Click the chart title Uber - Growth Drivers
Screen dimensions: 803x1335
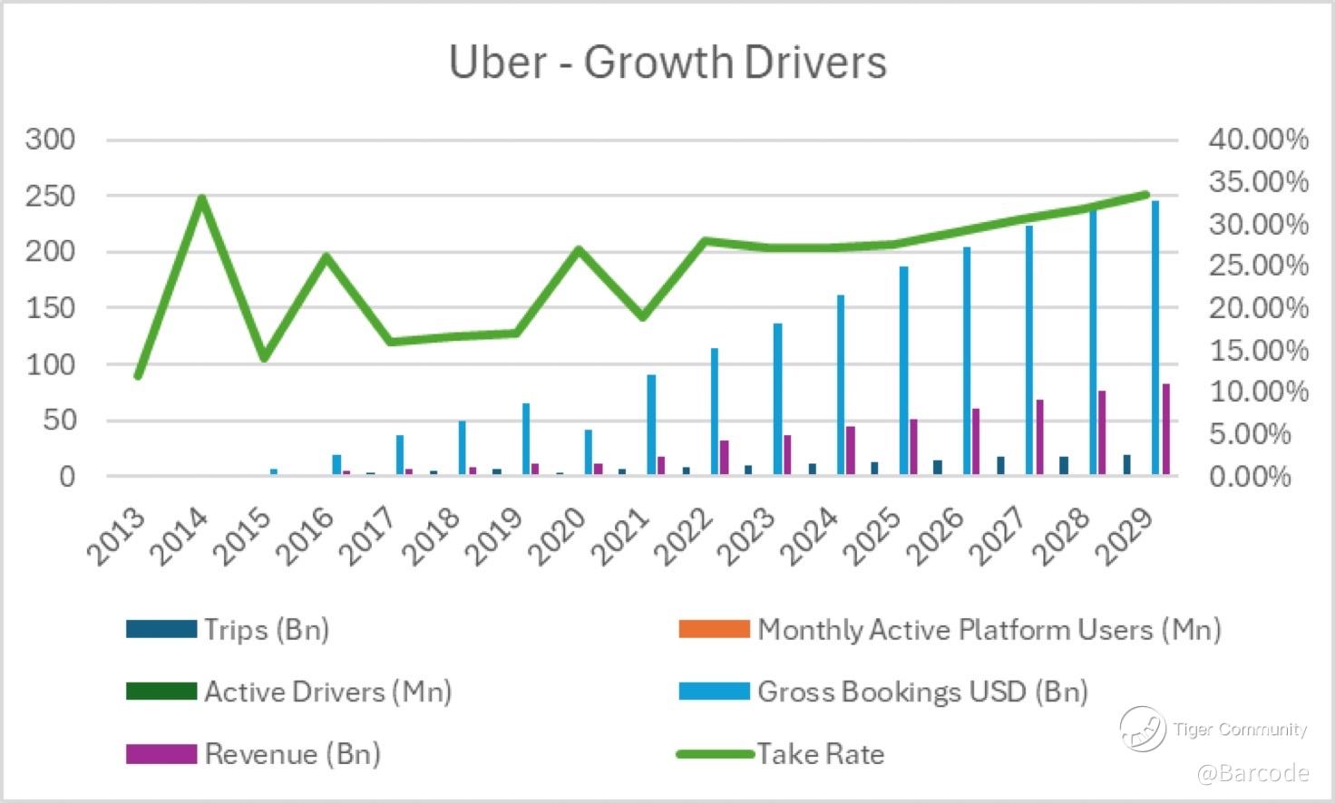[667, 62]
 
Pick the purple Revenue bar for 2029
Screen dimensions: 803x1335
[1165, 429]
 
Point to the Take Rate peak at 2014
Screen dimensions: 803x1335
[201, 198]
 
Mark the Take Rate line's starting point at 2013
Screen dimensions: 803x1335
[138, 376]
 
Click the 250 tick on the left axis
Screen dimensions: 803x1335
[51, 196]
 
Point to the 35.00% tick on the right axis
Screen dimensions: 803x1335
[1258, 181]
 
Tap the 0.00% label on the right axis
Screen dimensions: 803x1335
[1250, 476]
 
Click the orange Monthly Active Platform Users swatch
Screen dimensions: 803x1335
[714, 629]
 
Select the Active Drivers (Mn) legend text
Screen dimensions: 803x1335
[327, 692]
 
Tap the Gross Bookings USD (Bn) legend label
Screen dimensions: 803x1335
[922, 692]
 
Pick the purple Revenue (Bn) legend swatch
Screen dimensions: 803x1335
[161, 754]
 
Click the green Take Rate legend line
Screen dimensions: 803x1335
[715, 754]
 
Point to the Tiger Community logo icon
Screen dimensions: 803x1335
[1142, 729]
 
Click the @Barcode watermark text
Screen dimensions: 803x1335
[1252, 773]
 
